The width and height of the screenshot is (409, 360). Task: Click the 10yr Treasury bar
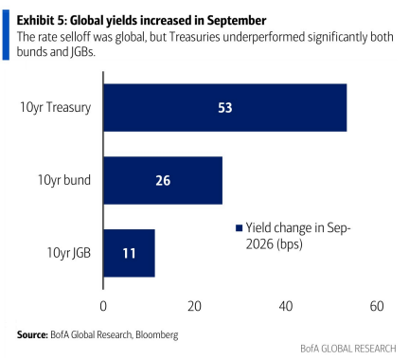click(x=225, y=108)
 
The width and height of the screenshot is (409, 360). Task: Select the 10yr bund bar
click(x=163, y=180)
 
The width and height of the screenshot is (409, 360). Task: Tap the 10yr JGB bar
click(x=129, y=253)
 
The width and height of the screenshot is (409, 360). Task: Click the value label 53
click(x=225, y=108)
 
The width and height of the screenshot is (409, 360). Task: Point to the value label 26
click(x=163, y=181)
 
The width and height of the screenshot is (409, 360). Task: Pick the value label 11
click(x=129, y=253)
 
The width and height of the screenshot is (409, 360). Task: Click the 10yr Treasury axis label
click(x=55, y=108)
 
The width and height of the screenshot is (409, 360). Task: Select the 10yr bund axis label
click(x=64, y=180)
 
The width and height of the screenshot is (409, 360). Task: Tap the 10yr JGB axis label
click(x=69, y=253)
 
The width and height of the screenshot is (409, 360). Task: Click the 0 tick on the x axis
click(x=103, y=306)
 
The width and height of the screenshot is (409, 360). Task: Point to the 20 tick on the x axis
click(x=194, y=306)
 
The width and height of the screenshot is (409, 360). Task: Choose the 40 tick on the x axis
click(x=286, y=306)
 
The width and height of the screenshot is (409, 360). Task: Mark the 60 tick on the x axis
click(x=377, y=306)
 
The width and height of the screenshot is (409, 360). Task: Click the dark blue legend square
click(x=239, y=228)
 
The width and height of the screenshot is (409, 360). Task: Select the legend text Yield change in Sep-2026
click(x=298, y=236)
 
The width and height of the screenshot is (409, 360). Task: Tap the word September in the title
click(x=237, y=21)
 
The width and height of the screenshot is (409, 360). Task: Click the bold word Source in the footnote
click(x=32, y=334)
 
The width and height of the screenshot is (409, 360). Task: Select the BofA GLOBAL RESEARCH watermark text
click(x=348, y=349)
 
